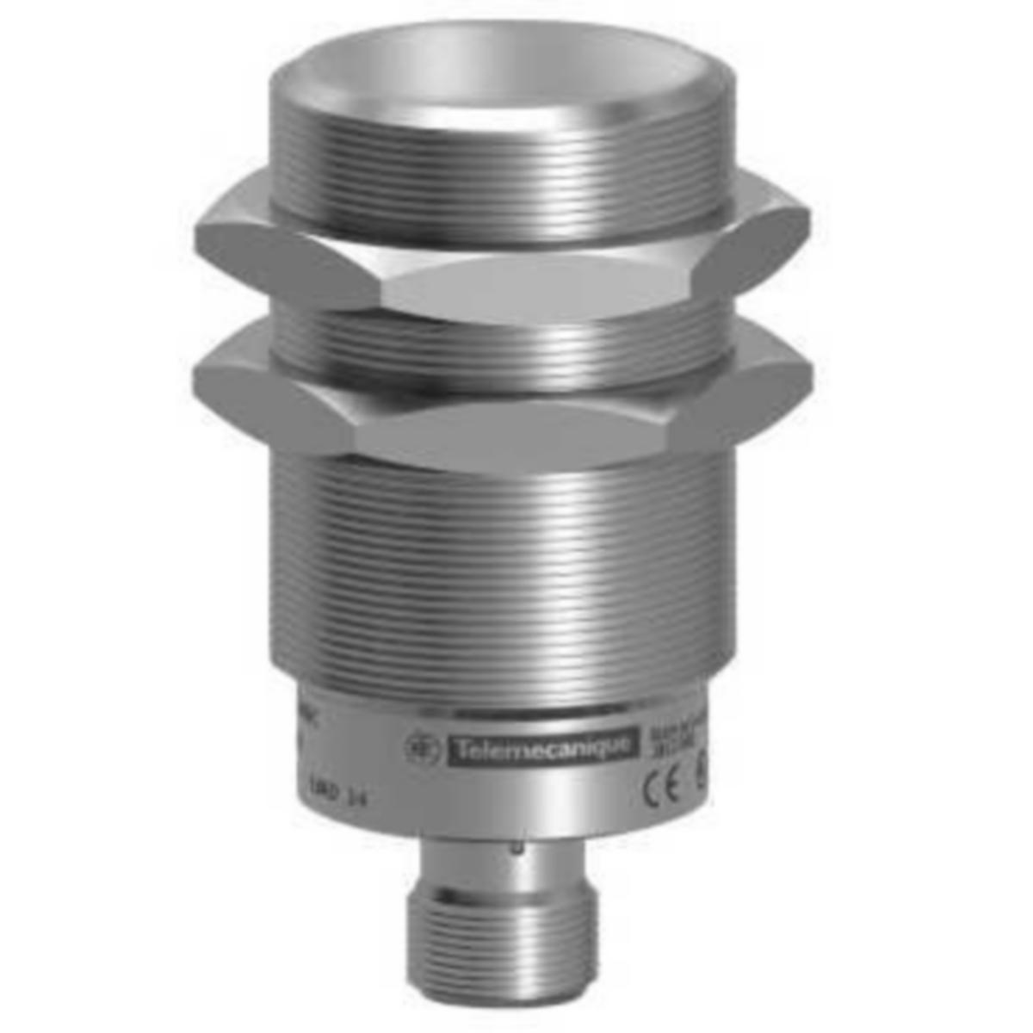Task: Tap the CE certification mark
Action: [664, 791]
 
